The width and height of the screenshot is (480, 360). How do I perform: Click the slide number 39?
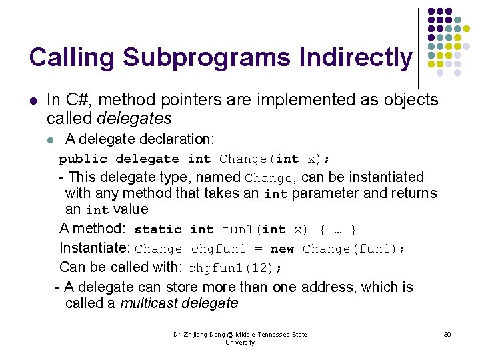point(447,334)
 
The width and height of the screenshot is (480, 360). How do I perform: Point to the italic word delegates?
point(134,119)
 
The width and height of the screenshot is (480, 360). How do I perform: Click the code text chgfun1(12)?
point(235,268)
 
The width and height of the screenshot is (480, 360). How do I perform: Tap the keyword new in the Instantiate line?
point(282,249)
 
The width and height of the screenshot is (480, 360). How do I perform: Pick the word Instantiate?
point(95,249)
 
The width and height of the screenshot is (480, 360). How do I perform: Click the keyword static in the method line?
point(158,230)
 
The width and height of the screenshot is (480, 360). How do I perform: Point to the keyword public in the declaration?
point(83,159)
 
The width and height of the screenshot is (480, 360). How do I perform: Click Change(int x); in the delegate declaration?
point(275,159)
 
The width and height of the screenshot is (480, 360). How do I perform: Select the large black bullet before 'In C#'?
point(33,101)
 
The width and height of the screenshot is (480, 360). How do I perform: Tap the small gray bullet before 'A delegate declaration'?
point(50,140)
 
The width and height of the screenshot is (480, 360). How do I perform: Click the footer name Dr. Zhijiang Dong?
point(198,334)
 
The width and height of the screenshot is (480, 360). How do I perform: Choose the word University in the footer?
point(240,342)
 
